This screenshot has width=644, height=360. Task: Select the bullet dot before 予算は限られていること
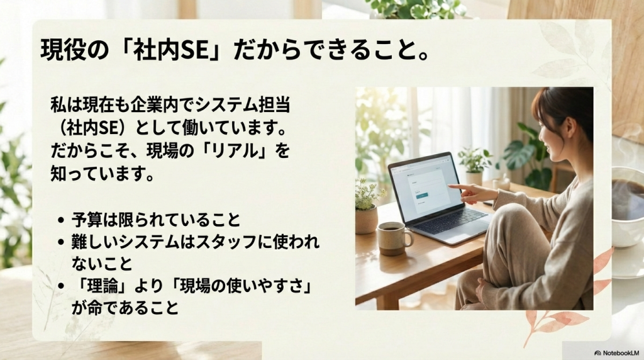[x=60, y=221]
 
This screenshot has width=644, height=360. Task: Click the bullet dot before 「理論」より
[x=60, y=286]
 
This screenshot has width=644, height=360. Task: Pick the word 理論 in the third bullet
[x=97, y=286]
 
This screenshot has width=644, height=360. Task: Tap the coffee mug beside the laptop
[x=393, y=237]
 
